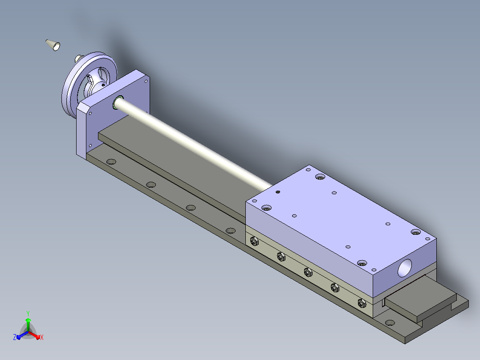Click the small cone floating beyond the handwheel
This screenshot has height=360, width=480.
53,45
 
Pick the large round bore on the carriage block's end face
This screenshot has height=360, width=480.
405,268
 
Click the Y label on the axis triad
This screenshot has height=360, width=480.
28,313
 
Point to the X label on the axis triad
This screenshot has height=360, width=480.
42,337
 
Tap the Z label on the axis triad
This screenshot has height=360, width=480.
15,337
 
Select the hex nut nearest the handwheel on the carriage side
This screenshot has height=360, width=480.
253,242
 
